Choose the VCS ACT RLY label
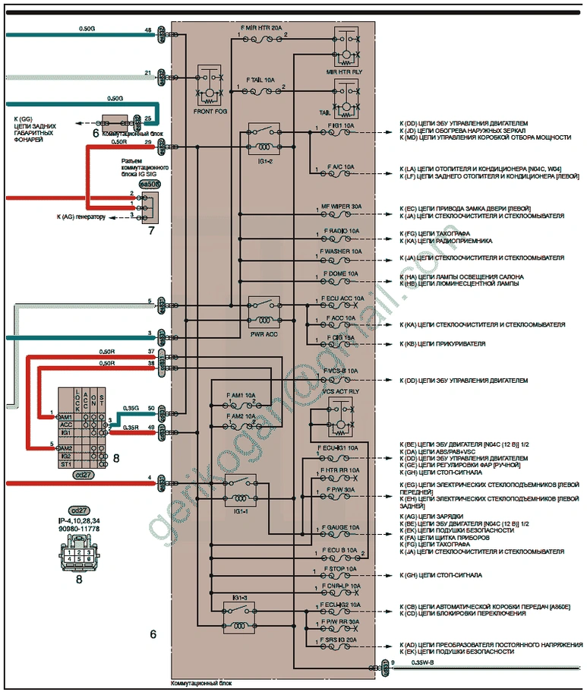(340, 391)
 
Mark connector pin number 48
(149, 30)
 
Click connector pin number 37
(150, 352)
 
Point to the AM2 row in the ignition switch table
(65, 448)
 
